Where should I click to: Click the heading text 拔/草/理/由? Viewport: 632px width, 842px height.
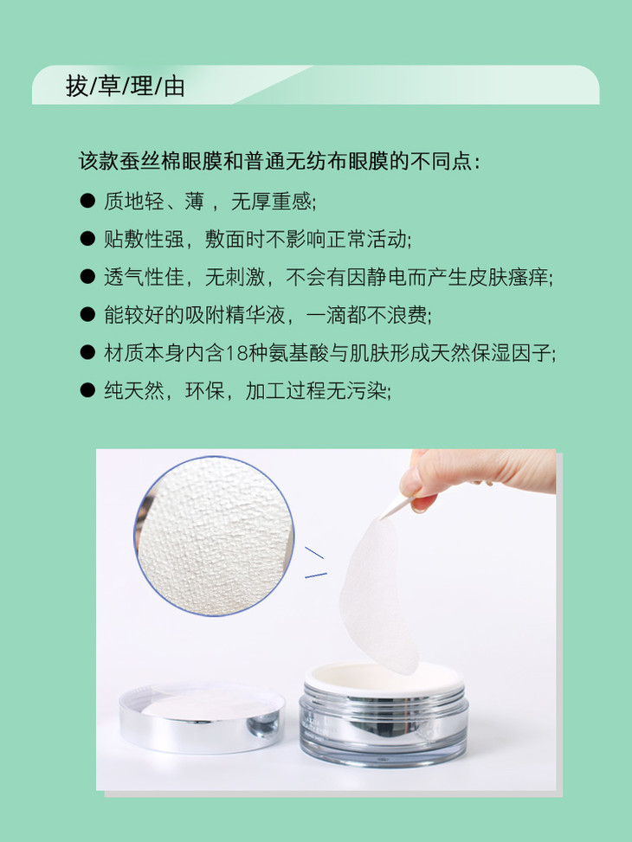(126, 86)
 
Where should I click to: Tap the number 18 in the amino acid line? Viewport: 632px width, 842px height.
(235, 353)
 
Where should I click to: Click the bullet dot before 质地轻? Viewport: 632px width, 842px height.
(87, 201)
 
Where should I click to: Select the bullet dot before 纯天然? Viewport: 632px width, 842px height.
(87, 390)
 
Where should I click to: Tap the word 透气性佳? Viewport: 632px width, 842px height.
(144, 277)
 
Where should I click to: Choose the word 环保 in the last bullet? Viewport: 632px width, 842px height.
(205, 391)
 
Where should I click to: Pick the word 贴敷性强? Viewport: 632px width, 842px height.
(144, 239)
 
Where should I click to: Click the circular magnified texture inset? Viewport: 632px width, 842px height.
(214, 536)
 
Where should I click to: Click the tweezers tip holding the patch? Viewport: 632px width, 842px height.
(383, 517)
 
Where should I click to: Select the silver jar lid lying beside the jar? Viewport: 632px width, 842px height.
(202, 717)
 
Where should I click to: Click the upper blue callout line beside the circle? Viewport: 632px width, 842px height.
(314, 553)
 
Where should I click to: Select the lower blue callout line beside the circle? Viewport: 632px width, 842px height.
(316, 575)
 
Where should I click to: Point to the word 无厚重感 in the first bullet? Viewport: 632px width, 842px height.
(271, 202)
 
